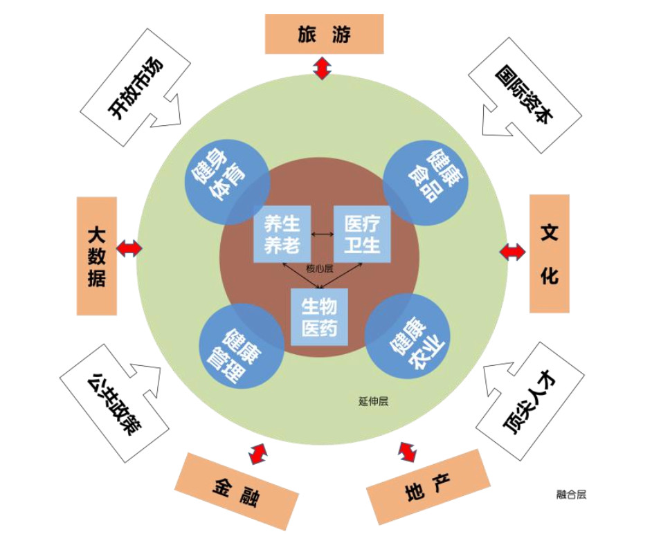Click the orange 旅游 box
[x=324, y=34]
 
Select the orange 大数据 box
[x=97, y=256]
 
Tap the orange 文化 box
[x=550, y=253]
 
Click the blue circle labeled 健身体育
[x=227, y=181]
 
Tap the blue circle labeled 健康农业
[x=408, y=337]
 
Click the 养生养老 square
[x=282, y=234]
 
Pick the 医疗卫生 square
[x=363, y=234]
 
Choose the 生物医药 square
[x=319, y=317]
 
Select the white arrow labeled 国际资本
[x=523, y=95]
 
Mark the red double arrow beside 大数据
[x=129, y=248]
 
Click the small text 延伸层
[x=373, y=401]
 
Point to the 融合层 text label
[x=571, y=494]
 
